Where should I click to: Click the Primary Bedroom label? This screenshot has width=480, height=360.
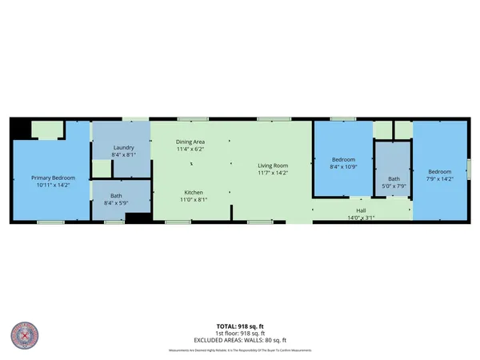pos(53,178)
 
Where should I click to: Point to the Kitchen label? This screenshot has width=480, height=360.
pos(192,193)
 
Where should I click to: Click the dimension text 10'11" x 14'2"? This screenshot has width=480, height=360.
pos(53,185)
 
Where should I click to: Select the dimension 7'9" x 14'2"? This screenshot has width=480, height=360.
pos(440,178)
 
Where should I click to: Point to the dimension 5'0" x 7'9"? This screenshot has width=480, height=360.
pos(394,186)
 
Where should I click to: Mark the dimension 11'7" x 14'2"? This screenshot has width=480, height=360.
pos(272,174)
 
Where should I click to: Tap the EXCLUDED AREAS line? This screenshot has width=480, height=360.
pos(240,340)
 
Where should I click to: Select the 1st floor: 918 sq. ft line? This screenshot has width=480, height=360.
pos(240,334)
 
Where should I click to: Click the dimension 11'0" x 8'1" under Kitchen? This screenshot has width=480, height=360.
pos(192,199)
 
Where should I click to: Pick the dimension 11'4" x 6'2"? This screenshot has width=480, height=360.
pos(191,148)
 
